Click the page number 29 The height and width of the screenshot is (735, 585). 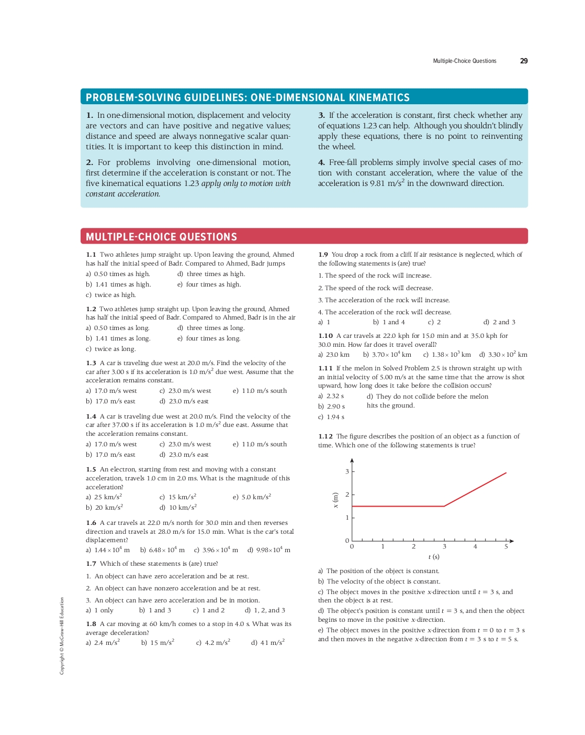[523, 61]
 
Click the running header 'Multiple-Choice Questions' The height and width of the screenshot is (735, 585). [464, 61]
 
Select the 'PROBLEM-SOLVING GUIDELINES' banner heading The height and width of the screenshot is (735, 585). [248, 97]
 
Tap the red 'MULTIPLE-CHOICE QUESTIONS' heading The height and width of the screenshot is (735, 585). [161, 237]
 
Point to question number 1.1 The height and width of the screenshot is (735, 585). [91, 255]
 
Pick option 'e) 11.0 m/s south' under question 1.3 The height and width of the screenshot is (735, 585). [260, 391]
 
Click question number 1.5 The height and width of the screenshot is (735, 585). [91, 469]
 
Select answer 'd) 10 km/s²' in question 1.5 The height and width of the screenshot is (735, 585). [178, 507]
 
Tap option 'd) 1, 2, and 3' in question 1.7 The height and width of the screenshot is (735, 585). [265, 610]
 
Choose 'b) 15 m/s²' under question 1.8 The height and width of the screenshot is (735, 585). [157, 642]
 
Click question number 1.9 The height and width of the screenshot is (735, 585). [323, 255]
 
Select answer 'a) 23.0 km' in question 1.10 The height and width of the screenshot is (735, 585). [334, 355]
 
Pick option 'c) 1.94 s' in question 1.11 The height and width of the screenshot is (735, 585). [331, 417]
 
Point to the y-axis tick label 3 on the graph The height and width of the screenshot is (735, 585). [347, 471]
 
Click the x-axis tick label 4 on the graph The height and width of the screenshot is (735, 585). [475, 546]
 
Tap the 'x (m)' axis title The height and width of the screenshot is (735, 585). [336, 500]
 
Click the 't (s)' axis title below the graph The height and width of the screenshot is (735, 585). [434, 557]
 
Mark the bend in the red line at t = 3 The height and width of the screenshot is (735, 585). [444, 506]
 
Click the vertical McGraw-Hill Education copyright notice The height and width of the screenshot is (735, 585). [62, 636]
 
